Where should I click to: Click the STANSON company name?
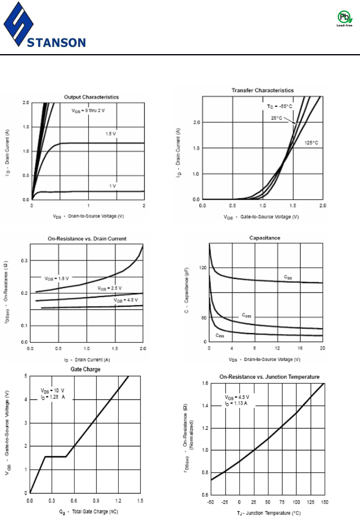pos(57,42)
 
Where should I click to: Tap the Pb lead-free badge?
pos(344,18)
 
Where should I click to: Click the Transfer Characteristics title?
pos(263,90)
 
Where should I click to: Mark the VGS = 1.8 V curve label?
pos(57,277)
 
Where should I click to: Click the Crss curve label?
pos(220,336)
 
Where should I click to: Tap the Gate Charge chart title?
pos(85,369)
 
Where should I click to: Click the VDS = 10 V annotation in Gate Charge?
pos(53,391)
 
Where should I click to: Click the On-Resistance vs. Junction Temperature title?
pos(269,377)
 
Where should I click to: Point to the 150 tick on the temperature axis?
pos(324,502)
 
